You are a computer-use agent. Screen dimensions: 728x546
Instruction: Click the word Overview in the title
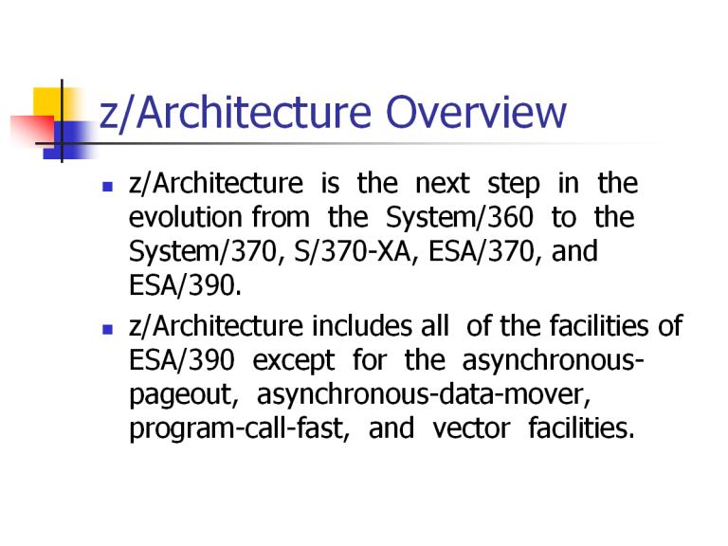pos(476,112)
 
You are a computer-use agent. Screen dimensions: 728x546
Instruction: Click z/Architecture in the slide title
pos(235,114)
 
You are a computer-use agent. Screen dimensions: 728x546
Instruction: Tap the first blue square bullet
pos(108,187)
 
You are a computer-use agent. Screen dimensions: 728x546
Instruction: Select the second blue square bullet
pos(108,329)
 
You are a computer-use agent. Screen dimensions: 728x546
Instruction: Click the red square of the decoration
pos(32,130)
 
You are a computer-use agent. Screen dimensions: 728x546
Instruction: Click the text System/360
pos(460,218)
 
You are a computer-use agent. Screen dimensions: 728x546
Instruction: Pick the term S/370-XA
pos(353,251)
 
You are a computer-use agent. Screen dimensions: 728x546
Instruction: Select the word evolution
pos(185,217)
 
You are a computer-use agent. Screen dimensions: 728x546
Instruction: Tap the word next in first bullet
pos(443,183)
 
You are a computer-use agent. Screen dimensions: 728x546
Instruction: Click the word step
pos(514,185)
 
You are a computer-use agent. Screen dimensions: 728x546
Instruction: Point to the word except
pos(294,361)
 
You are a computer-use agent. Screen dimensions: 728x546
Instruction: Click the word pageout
pos(184,395)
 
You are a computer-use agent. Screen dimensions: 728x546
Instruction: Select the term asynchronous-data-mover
pos(424,394)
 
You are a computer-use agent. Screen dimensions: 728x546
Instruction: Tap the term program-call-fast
pos(239,428)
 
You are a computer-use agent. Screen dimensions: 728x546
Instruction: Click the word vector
pos(471,429)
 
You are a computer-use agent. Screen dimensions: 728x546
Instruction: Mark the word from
pos(281,217)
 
